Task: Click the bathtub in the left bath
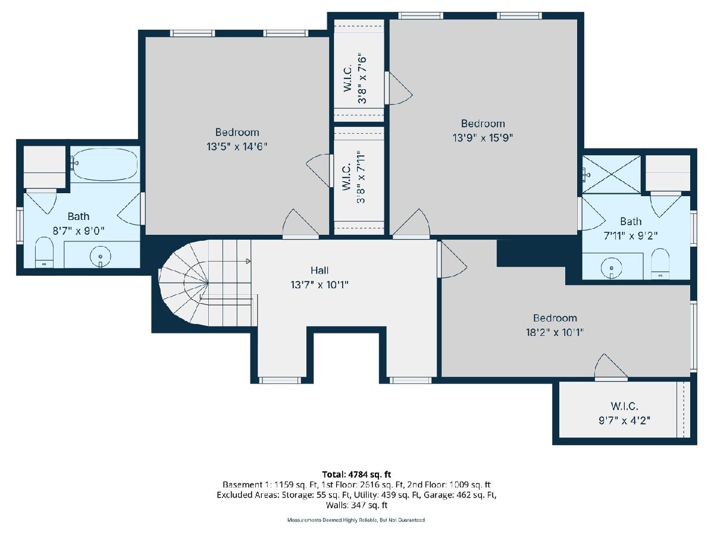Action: pos(105,164)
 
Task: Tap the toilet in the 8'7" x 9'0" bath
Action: pos(44,253)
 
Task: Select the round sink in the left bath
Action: pos(100,257)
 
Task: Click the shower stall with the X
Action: pos(611,174)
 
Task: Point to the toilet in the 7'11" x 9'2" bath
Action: pos(660,263)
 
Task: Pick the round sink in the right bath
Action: pos(612,268)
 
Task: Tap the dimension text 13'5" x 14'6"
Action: pos(237,147)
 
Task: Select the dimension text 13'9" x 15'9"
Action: pos(483,138)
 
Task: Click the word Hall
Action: pos(320,270)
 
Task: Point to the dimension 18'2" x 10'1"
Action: pos(555,332)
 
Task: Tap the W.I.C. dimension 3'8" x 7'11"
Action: pos(361,177)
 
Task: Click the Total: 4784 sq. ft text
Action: pos(356,474)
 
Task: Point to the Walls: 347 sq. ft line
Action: pos(356,505)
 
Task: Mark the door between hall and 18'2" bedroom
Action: pos(452,259)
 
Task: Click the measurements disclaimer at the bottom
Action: pos(356,520)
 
